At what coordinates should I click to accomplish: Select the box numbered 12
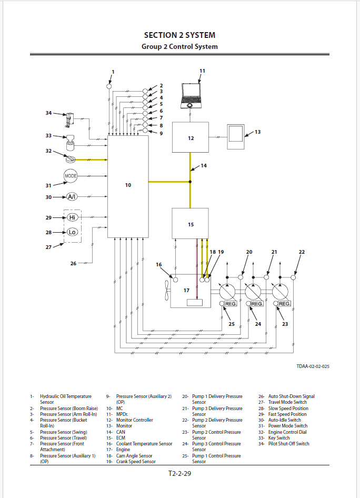click(x=191, y=137)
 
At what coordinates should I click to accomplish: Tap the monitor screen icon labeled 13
click(x=236, y=138)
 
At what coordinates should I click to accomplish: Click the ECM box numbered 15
click(x=191, y=223)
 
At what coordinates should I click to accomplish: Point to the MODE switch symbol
click(x=71, y=176)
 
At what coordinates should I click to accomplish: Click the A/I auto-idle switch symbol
click(x=72, y=197)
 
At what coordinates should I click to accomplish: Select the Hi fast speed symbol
click(x=73, y=217)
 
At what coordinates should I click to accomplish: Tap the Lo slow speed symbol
click(x=72, y=232)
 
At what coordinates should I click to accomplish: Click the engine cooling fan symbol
click(x=167, y=290)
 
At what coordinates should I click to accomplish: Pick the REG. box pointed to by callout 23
click(x=284, y=304)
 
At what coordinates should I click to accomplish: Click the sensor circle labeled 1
click(x=109, y=86)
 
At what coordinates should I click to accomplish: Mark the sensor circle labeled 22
click(x=294, y=277)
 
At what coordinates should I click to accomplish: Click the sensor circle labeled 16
click(x=176, y=278)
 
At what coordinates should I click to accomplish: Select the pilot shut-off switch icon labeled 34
click(x=68, y=119)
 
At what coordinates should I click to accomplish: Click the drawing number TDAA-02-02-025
click(x=313, y=366)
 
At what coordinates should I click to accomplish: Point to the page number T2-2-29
click(x=180, y=474)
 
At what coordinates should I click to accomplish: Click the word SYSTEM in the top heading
click(x=197, y=35)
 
